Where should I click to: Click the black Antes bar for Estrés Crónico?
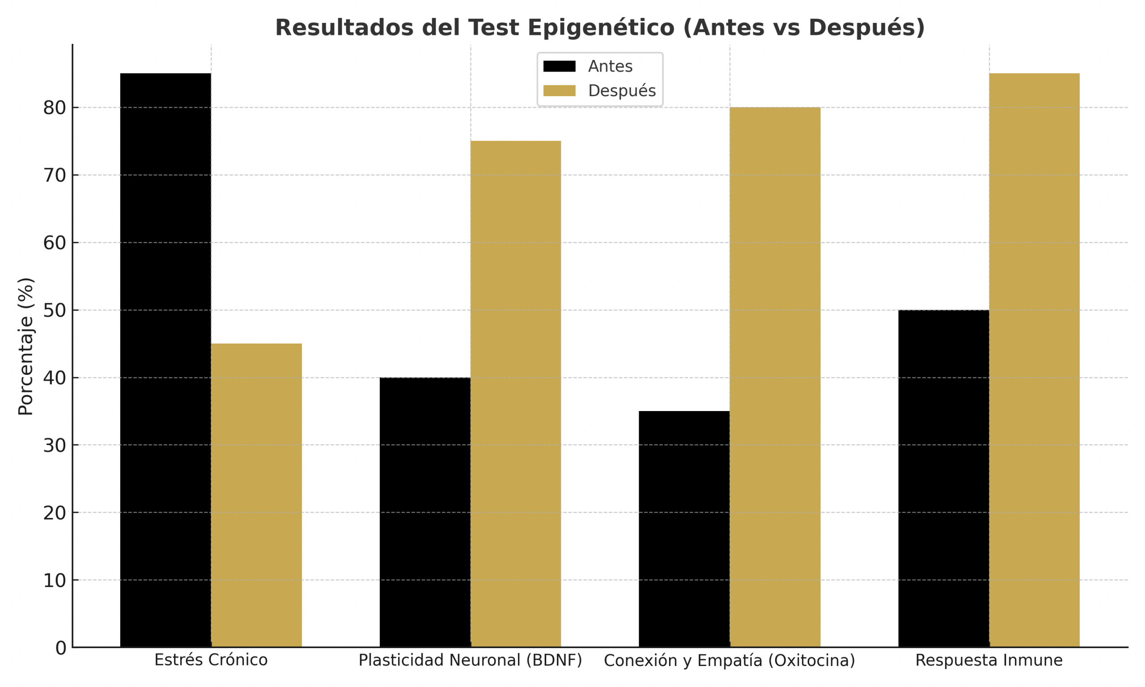pyautogui.click(x=165, y=360)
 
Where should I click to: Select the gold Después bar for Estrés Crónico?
pyautogui.click(x=256, y=495)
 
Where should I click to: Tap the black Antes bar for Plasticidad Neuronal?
pyautogui.click(x=424, y=512)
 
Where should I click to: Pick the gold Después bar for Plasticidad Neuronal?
pyautogui.click(x=516, y=394)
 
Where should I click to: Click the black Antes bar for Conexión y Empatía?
pyautogui.click(x=683, y=529)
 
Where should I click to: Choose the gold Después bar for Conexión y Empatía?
pyautogui.click(x=775, y=377)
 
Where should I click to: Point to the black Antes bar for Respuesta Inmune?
pyautogui.click(x=943, y=478)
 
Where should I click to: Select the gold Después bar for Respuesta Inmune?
pyautogui.click(x=1034, y=360)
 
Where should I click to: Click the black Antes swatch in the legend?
pyautogui.click(x=559, y=66)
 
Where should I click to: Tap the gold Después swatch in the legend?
pyautogui.click(x=559, y=91)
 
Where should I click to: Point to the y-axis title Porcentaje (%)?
pyautogui.click(x=26, y=346)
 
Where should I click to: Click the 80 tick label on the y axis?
pyautogui.click(x=54, y=108)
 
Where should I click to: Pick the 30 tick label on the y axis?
pyautogui.click(x=54, y=445)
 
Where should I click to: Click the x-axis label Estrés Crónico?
pyautogui.click(x=211, y=660)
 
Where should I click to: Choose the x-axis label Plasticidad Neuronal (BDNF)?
pyautogui.click(x=470, y=660)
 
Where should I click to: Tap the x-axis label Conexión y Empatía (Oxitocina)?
pyautogui.click(x=729, y=661)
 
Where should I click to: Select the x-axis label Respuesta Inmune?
pyautogui.click(x=989, y=660)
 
